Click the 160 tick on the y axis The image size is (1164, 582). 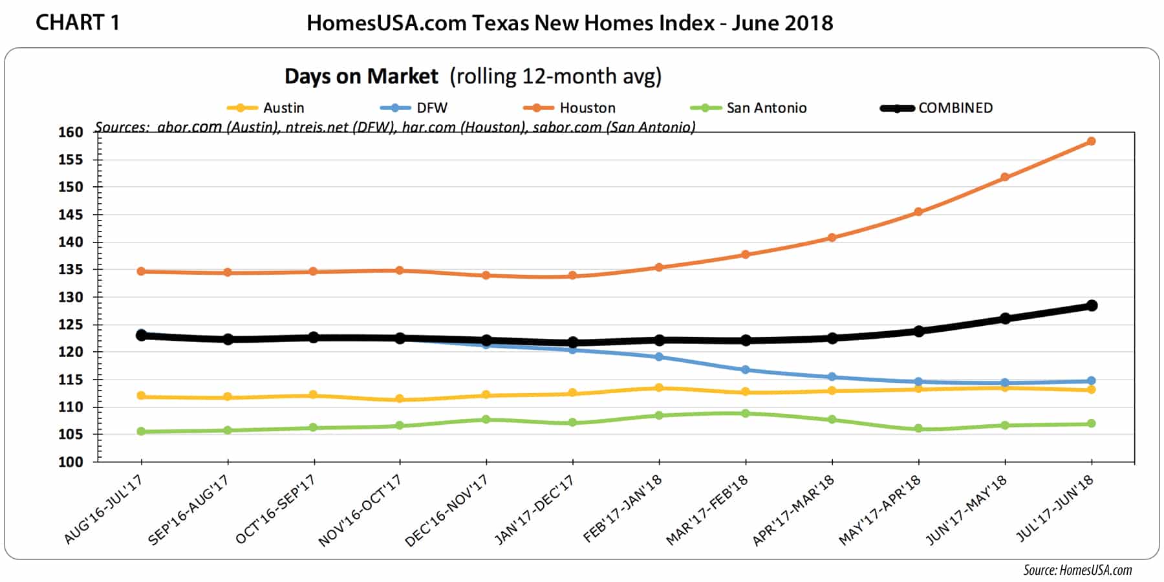pyautogui.click(x=70, y=133)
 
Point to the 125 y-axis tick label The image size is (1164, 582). pyautogui.click(x=70, y=325)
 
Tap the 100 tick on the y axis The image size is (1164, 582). pyautogui.click(x=70, y=462)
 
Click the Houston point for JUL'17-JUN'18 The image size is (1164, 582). pyautogui.click(x=1091, y=141)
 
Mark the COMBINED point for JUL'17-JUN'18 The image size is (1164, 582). pyautogui.click(x=1091, y=305)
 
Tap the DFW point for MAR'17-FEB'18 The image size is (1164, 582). pyautogui.click(x=746, y=370)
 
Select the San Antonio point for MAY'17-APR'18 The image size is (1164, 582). pyautogui.click(x=918, y=429)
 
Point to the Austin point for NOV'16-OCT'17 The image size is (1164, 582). pyautogui.click(x=400, y=399)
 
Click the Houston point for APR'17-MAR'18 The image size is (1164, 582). pyautogui.click(x=832, y=237)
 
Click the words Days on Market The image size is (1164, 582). pyautogui.click(x=361, y=76)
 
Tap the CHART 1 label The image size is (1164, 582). pyautogui.click(x=77, y=23)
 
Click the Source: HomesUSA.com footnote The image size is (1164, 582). pyautogui.click(x=1077, y=570)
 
